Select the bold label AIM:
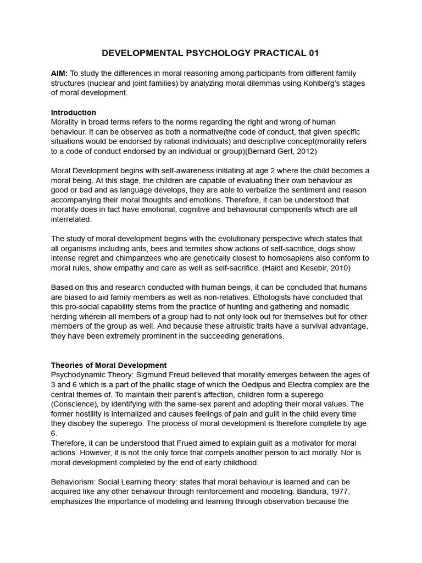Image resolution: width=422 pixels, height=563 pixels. tap(59, 73)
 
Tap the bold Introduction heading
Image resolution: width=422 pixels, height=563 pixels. tap(73, 113)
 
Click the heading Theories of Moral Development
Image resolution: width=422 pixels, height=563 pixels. tap(109, 365)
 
